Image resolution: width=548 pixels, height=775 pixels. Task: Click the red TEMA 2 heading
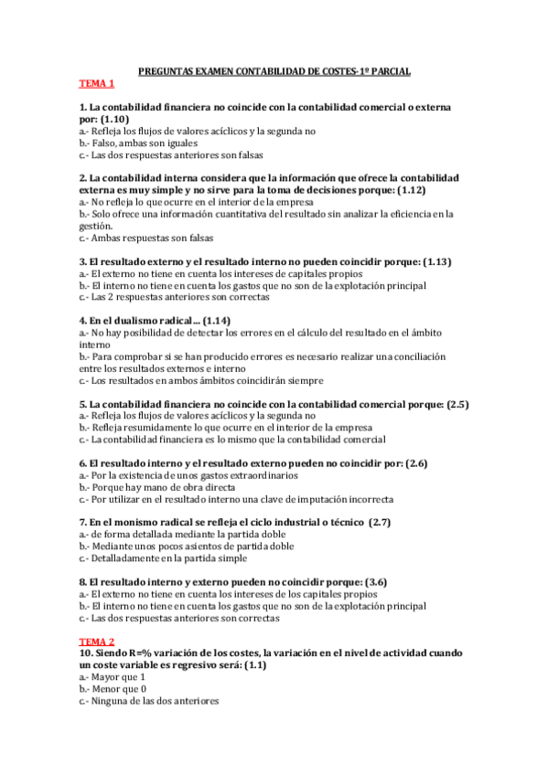coord(96,642)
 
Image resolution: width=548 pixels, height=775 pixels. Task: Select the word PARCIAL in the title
coord(388,71)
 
